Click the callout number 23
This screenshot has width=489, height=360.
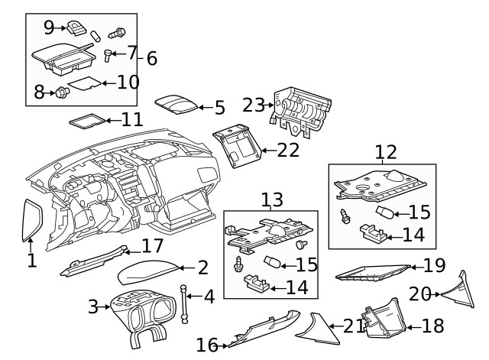point(253,105)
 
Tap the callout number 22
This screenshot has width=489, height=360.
point(288,150)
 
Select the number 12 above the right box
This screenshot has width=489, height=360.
point(386,152)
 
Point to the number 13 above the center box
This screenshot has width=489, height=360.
point(271,200)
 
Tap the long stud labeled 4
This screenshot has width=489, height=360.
point(184,302)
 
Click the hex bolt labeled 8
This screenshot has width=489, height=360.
point(60,93)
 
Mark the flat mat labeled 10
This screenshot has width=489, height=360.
point(83,83)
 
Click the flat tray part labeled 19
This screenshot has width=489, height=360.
point(373,271)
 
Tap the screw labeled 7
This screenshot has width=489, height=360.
point(108,54)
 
